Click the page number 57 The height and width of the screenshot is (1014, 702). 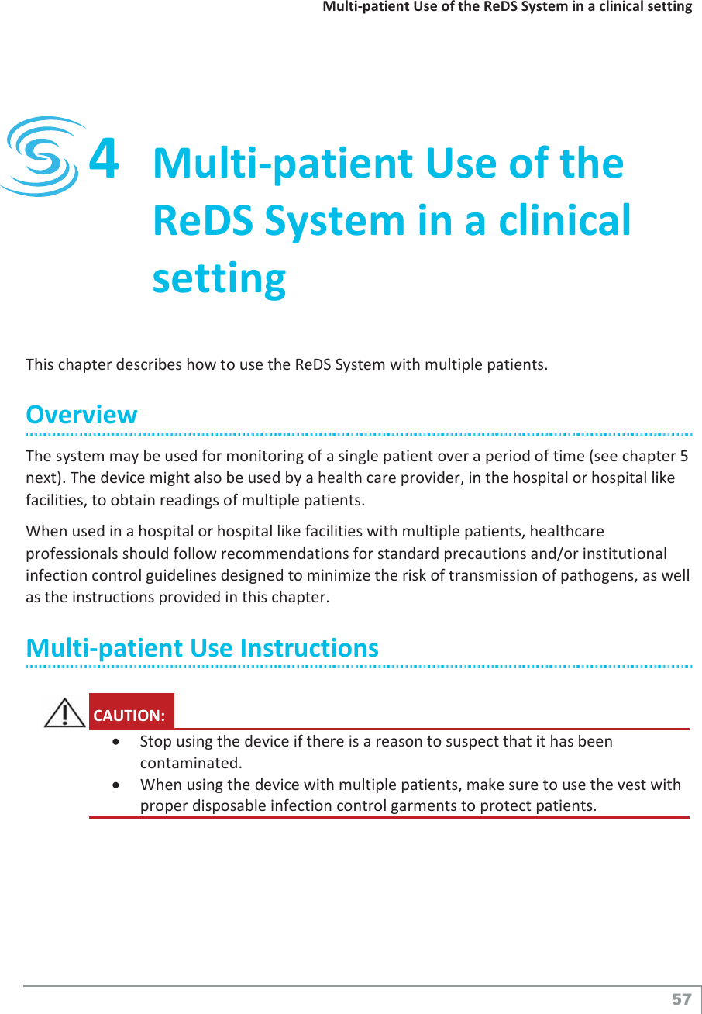[x=681, y=999]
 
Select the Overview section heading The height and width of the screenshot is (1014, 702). [x=81, y=414]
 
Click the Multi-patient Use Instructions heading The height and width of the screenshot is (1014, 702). [x=202, y=647]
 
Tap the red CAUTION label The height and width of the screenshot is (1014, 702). [x=130, y=714]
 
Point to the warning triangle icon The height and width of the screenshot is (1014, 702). [x=65, y=712]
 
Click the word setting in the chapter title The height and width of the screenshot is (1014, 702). [x=219, y=278]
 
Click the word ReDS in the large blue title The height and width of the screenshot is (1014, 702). [x=204, y=220]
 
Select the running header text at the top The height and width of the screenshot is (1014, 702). [x=507, y=7]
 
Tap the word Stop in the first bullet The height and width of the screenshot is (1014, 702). [x=154, y=741]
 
